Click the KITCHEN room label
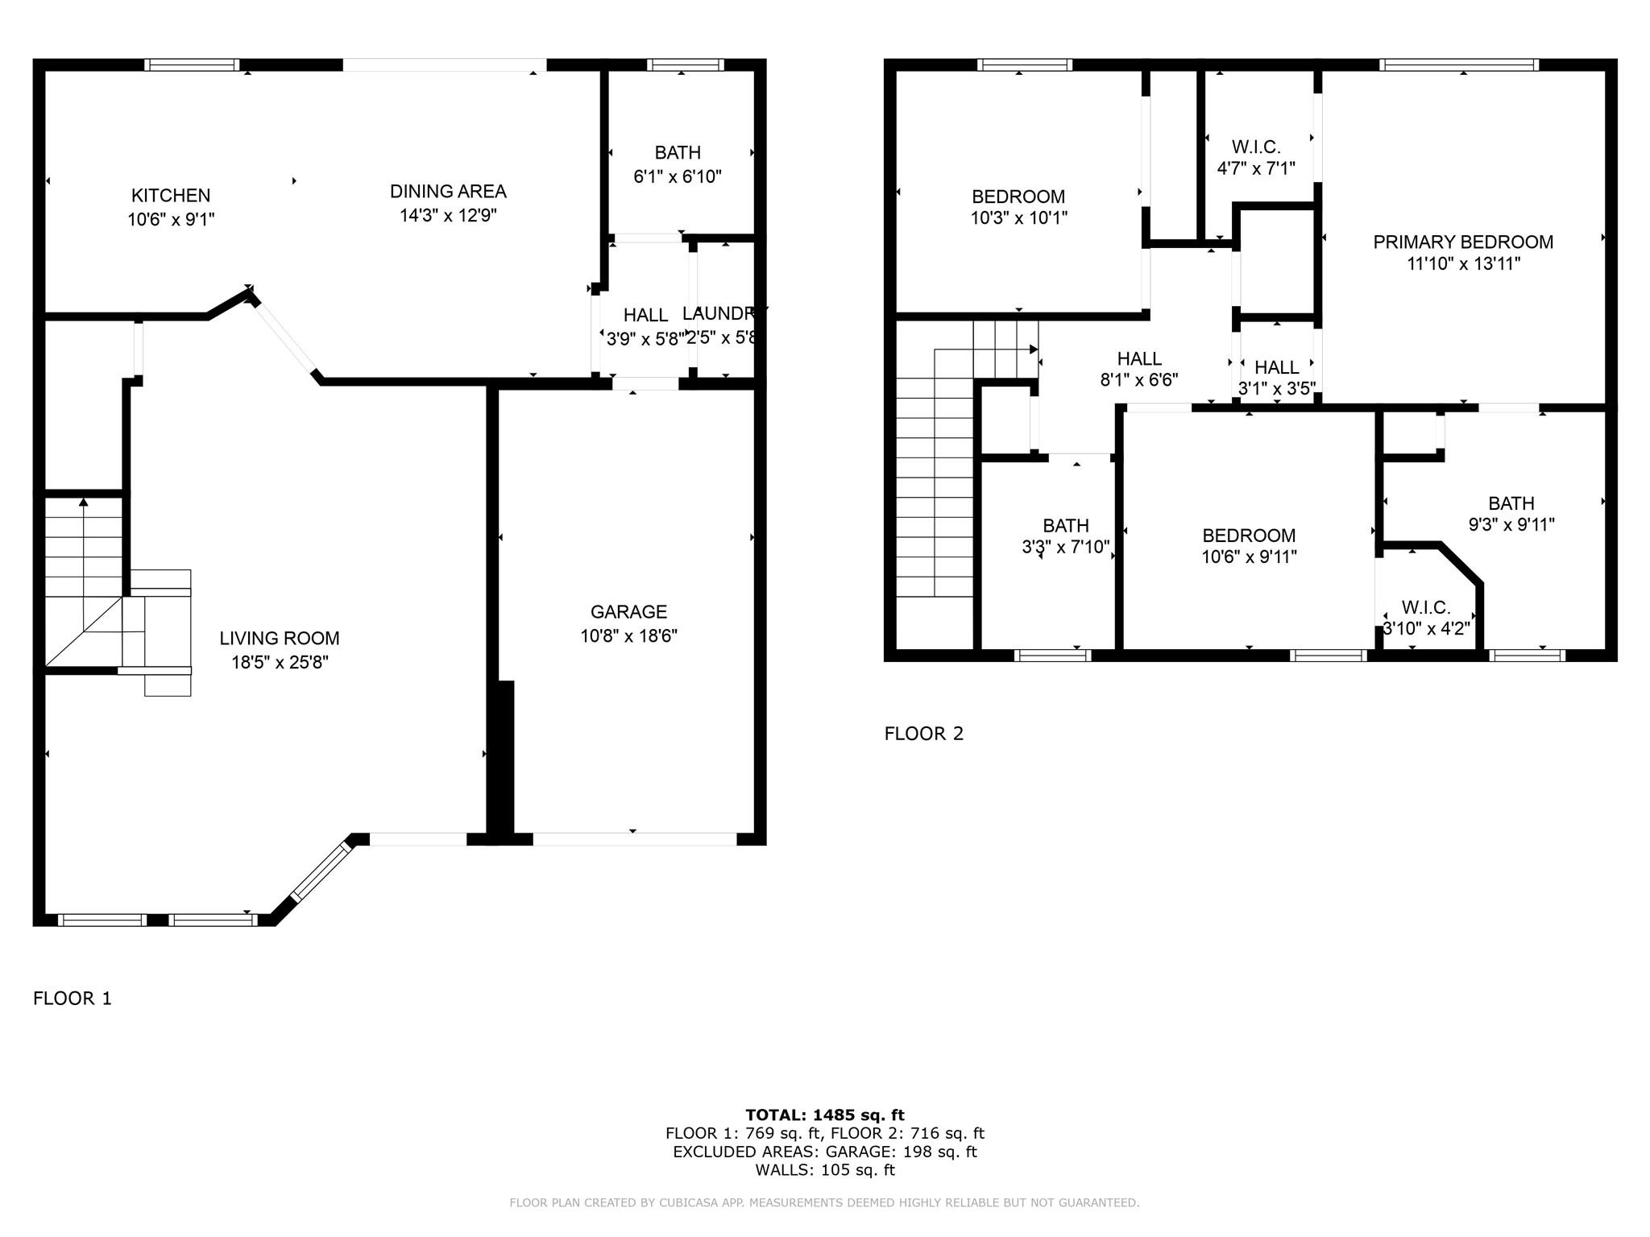tap(171, 196)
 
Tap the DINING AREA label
tap(448, 192)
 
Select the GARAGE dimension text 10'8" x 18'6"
tap(628, 636)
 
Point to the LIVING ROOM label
tap(280, 639)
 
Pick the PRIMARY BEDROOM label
tap(1463, 242)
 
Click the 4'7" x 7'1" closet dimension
tap(1256, 168)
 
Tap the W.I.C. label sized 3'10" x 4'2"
tap(1426, 607)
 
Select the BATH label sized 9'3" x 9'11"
tap(1511, 504)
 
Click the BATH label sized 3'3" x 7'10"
tap(1066, 526)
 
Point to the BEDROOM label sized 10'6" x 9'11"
tap(1249, 536)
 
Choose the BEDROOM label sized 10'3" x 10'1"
tap(1018, 197)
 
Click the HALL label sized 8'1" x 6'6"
tap(1139, 359)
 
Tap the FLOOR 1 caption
tap(73, 999)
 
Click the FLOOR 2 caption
tap(924, 734)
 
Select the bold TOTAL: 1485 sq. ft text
tap(825, 1115)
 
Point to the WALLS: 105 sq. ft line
tap(825, 1170)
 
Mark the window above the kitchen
tap(192, 65)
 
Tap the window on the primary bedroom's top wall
tap(1459, 65)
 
